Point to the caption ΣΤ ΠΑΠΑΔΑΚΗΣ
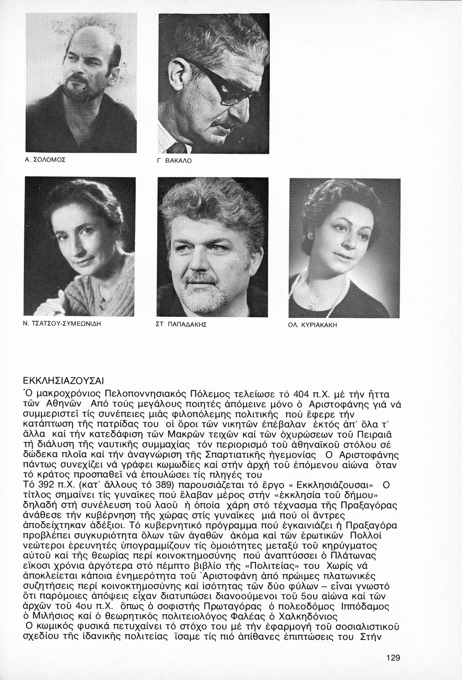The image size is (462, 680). point(181,325)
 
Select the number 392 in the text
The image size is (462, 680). point(45,485)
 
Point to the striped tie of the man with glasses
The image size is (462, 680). point(176,148)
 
